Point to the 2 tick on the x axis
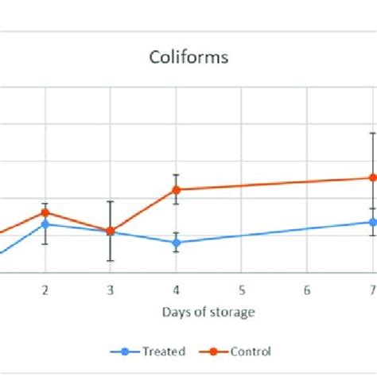pyautogui.click(x=45, y=290)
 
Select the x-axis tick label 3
pyautogui.click(x=111, y=290)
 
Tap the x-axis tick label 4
pyautogui.click(x=176, y=290)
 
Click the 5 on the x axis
pyautogui.click(x=241, y=290)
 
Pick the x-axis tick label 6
pyautogui.click(x=306, y=290)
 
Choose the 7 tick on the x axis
pyautogui.click(x=371, y=290)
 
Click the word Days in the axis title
pyautogui.click(x=174, y=312)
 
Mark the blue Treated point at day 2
pyautogui.click(x=45, y=224)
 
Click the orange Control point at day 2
pyautogui.click(x=45, y=212)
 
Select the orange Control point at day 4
pyautogui.click(x=176, y=189)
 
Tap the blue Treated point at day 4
pyautogui.click(x=176, y=243)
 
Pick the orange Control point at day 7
pyautogui.click(x=371, y=178)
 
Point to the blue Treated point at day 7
pyautogui.click(x=371, y=222)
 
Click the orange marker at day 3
pyautogui.click(x=111, y=231)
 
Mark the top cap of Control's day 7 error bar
pyautogui.click(x=371, y=132)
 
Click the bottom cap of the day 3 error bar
pyautogui.click(x=111, y=261)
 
